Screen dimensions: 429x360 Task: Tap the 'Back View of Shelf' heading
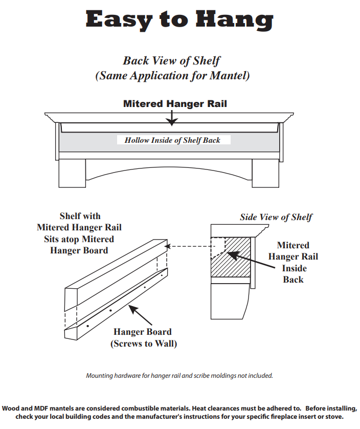coord(171,60)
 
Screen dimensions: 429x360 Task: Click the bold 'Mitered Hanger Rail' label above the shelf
coord(175,103)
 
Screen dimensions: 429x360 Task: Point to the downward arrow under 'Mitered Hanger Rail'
coord(172,119)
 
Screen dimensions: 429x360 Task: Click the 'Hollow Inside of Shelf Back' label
coord(172,140)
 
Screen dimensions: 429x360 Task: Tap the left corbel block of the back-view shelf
coord(72,173)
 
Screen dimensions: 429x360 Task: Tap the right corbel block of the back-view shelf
coord(265,173)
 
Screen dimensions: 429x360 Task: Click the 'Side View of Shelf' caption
coord(276,217)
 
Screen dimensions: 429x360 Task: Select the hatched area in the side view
coord(237,261)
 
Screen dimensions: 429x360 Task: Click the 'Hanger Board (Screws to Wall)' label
coord(143,337)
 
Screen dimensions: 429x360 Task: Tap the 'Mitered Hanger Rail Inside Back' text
coord(293,262)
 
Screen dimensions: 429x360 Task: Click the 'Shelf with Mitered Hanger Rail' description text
coord(79,233)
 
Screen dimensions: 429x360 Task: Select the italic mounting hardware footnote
coord(179,375)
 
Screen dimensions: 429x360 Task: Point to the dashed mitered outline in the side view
coord(219,247)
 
